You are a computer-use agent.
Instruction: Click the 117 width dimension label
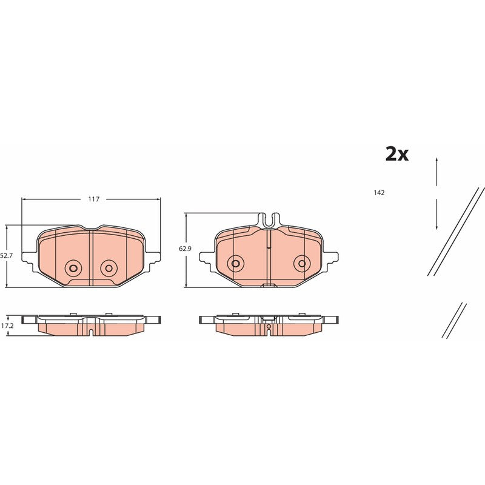(94, 199)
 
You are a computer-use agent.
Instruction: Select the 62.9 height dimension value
(185, 248)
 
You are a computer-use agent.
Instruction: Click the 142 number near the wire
(379, 193)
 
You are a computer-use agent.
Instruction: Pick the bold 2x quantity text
(397, 154)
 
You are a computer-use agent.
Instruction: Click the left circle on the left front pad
(73, 268)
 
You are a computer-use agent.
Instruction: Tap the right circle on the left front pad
(109, 268)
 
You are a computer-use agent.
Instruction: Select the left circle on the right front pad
(235, 263)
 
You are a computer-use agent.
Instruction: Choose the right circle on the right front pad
(302, 263)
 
